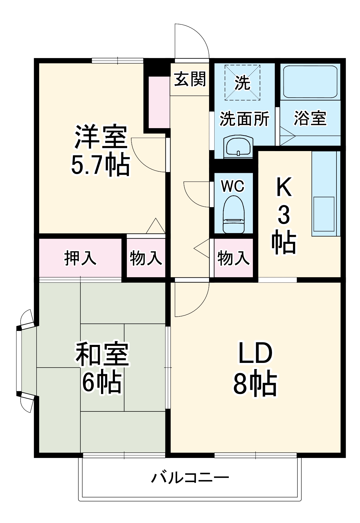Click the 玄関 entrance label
[190, 79]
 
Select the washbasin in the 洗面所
[238, 147]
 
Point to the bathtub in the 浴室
[310, 82]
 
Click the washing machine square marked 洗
[242, 83]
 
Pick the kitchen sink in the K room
[323, 214]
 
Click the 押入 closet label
[80, 258]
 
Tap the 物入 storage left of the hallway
[146, 258]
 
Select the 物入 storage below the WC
[233, 258]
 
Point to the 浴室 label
[310, 119]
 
